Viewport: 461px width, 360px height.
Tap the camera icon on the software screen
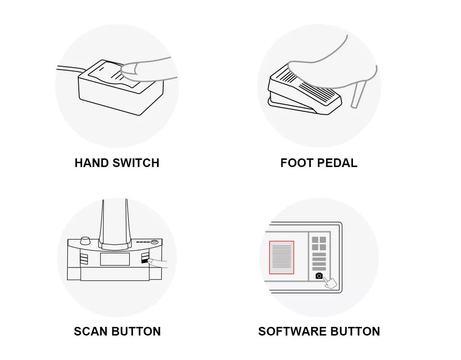[319, 276]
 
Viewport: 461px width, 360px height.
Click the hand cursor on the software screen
[330, 283]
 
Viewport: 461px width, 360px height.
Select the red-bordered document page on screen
[282, 257]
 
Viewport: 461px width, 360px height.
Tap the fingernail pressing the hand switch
[129, 69]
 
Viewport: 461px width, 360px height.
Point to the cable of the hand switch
[70, 69]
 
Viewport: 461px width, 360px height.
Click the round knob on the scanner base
[85, 240]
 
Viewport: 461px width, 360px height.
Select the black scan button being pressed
[145, 261]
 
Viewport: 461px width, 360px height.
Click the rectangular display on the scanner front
[115, 259]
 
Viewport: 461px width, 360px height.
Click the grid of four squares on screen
[319, 243]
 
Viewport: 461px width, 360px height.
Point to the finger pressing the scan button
[158, 264]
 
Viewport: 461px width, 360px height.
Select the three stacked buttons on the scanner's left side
[84, 259]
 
